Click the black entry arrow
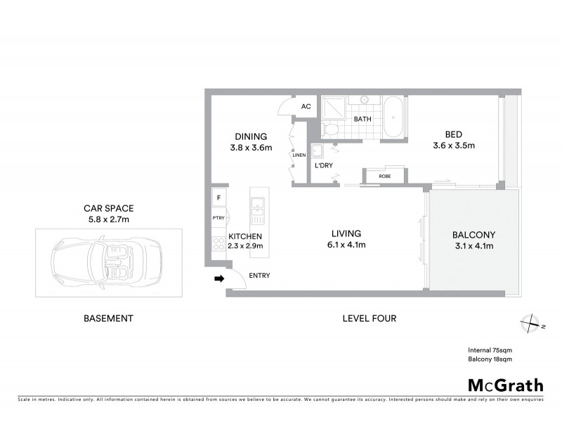tap(218, 279)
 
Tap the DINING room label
tap(250, 136)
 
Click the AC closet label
tap(306, 107)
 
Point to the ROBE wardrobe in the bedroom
tap(384, 177)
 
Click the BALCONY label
tap(473, 235)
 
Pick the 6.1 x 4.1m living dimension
tap(346, 245)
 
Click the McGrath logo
tap(506, 385)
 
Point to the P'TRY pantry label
tap(218, 218)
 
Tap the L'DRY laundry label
tap(324, 166)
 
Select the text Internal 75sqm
tap(490, 350)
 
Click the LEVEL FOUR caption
tap(369, 319)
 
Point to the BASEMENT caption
tap(108, 319)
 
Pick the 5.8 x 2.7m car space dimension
tap(108, 219)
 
